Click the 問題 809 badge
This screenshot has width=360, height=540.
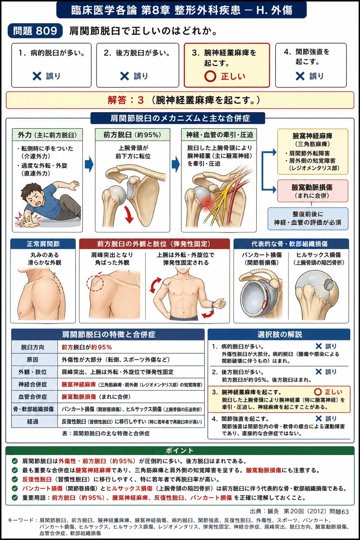coord(35,31)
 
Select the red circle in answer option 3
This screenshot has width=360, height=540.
coord(210,76)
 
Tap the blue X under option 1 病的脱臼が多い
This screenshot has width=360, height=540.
coord(37,76)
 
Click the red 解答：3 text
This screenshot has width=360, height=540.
coord(126,100)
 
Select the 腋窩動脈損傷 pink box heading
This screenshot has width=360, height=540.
coord(312,187)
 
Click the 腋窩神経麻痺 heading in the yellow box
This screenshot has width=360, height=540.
coord(312,136)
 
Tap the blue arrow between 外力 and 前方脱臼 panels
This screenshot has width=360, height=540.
coord(89,164)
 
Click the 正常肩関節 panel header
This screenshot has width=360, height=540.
coord(43,244)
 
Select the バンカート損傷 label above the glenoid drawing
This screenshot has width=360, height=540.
coord(262,255)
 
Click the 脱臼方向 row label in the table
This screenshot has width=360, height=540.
coord(32,347)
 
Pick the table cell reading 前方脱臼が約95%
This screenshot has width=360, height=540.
coord(87,347)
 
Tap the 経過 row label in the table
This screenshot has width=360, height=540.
coord(32,421)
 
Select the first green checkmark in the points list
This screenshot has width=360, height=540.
coord(15,461)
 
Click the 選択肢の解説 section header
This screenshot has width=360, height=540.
coord(279,335)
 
